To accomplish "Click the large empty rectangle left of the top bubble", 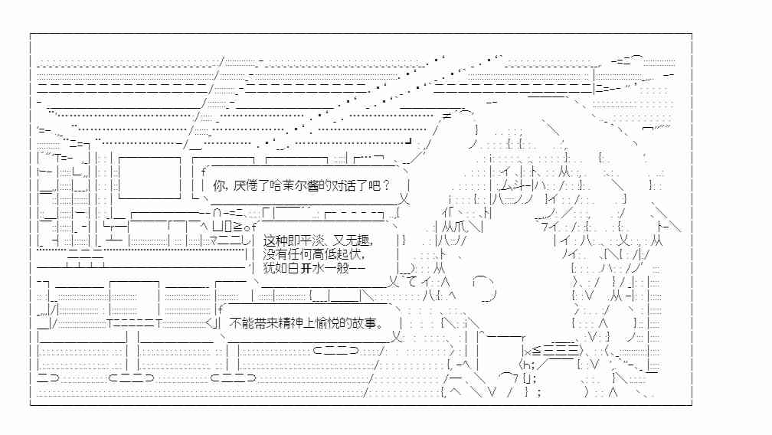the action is coord(149,178).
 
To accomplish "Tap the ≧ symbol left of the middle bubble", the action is coord(237,227).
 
